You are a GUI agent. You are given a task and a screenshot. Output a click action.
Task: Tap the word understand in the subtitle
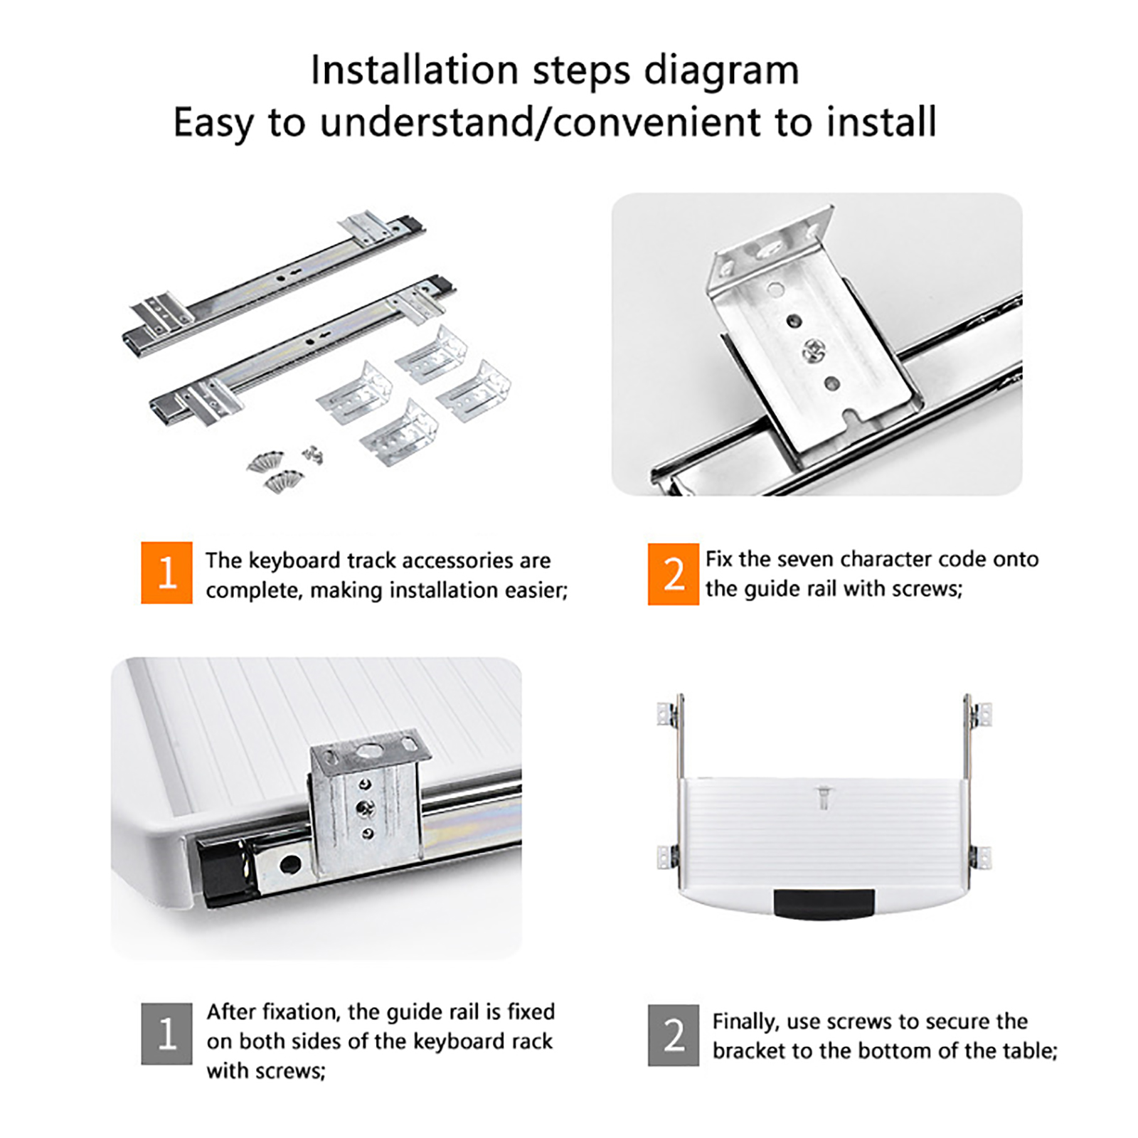click(x=425, y=122)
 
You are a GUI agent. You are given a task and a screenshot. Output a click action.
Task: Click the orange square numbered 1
click(x=166, y=573)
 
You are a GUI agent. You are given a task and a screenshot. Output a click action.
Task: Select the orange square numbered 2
click(x=673, y=574)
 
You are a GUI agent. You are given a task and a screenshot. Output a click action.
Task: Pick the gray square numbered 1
click(x=166, y=1033)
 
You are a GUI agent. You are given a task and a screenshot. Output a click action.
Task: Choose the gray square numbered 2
click(x=673, y=1035)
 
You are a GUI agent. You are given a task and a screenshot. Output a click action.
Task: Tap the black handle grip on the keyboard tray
click(x=824, y=904)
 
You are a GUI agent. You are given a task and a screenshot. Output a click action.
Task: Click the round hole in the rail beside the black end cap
click(x=289, y=864)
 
